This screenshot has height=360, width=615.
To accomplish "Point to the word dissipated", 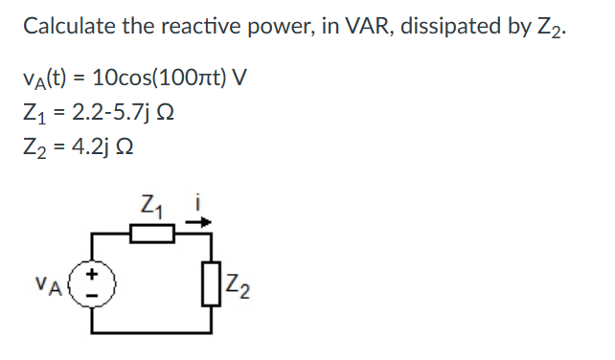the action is [447, 26].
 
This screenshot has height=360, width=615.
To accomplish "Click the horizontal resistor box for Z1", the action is [150, 233].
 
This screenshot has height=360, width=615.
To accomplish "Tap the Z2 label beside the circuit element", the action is [233, 284].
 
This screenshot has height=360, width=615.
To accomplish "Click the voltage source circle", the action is [94, 284].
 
